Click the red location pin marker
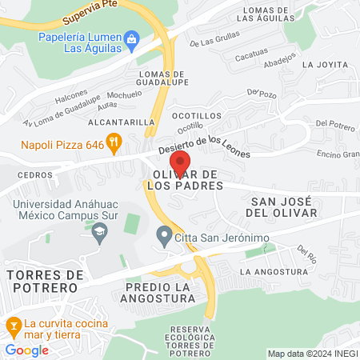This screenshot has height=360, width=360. (180, 164)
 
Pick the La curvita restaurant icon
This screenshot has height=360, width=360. (13, 326)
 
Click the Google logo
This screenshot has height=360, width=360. (26, 350)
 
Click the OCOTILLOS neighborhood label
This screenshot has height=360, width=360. (196, 115)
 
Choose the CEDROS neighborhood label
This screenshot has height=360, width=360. (34, 174)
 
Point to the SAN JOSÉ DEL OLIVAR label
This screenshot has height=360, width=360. (284, 206)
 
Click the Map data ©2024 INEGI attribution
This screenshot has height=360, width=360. (312, 354)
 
